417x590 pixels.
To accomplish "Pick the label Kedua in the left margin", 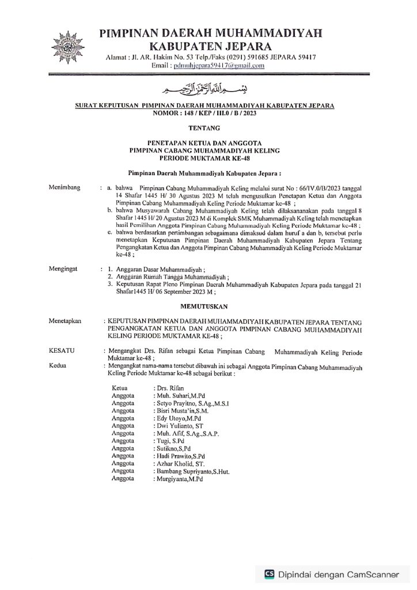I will [x=58, y=365].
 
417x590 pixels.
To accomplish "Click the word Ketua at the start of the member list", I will [x=120, y=388].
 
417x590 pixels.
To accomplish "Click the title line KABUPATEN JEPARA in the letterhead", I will [x=208, y=45].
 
